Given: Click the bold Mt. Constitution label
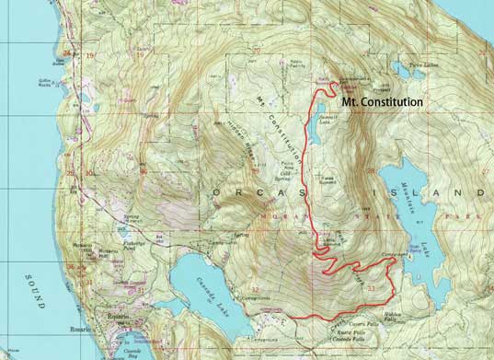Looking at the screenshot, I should pos(382,102).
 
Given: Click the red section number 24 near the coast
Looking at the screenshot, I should pos(65,53).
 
